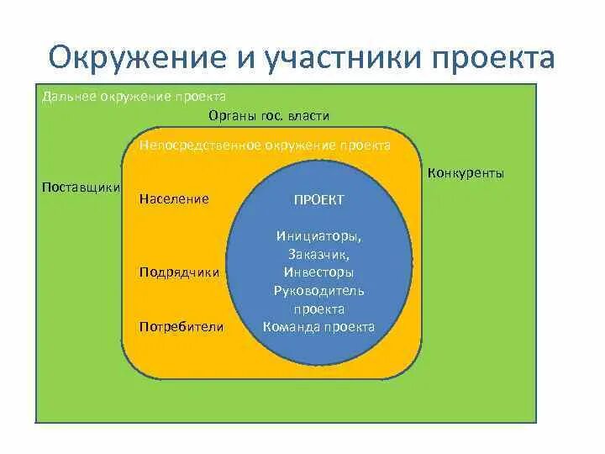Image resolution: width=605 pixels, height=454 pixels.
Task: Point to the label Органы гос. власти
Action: pyautogui.click(x=268, y=116)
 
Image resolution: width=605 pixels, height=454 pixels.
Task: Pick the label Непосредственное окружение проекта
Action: pyautogui.click(x=265, y=145)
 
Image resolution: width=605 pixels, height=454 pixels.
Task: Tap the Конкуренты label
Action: pyautogui.click(x=466, y=174)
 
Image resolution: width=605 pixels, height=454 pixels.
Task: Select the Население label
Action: pyautogui.click(x=173, y=199)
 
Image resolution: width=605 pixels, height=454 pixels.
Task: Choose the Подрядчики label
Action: pyautogui.click(x=180, y=272)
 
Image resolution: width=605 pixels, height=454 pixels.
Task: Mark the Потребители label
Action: pyautogui.click(x=181, y=326)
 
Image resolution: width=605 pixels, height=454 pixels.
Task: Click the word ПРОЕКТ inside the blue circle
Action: pyautogui.click(x=318, y=199)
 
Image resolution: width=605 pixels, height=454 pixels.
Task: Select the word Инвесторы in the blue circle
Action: pyautogui.click(x=318, y=272)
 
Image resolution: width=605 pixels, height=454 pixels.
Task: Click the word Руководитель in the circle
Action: pyautogui.click(x=318, y=291)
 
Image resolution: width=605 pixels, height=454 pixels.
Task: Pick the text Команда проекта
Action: pyautogui.click(x=318, y=327)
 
